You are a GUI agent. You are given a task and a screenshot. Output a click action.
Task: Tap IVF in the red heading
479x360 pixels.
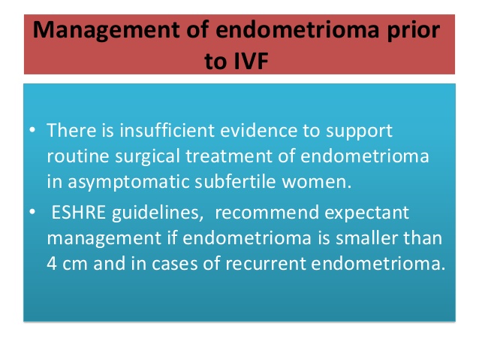[x=251, y=61]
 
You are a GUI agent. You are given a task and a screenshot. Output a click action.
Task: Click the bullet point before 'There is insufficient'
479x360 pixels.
[x=32, y=130]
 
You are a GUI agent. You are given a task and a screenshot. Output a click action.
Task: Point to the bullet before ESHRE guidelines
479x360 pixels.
[x=32, y=212]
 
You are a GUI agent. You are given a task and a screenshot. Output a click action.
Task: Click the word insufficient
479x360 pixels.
[x=167, y=130]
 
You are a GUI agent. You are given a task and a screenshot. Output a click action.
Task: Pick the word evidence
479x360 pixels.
[x=259, y=130]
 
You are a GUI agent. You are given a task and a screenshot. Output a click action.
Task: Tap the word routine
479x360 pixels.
[x=78, y=156]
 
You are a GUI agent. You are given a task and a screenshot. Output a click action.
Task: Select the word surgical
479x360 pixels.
[x=147, y=157]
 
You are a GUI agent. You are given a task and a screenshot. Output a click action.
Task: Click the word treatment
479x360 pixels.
[x=229, y=156]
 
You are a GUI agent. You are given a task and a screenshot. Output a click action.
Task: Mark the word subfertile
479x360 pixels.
[x=235, y=181]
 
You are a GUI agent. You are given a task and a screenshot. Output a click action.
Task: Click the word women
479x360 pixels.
[x=317, y=182]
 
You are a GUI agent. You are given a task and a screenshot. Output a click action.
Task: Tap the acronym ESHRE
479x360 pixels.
[x=79, y=212]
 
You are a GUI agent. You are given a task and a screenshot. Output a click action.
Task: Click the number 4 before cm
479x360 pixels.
[x=52, y=264]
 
